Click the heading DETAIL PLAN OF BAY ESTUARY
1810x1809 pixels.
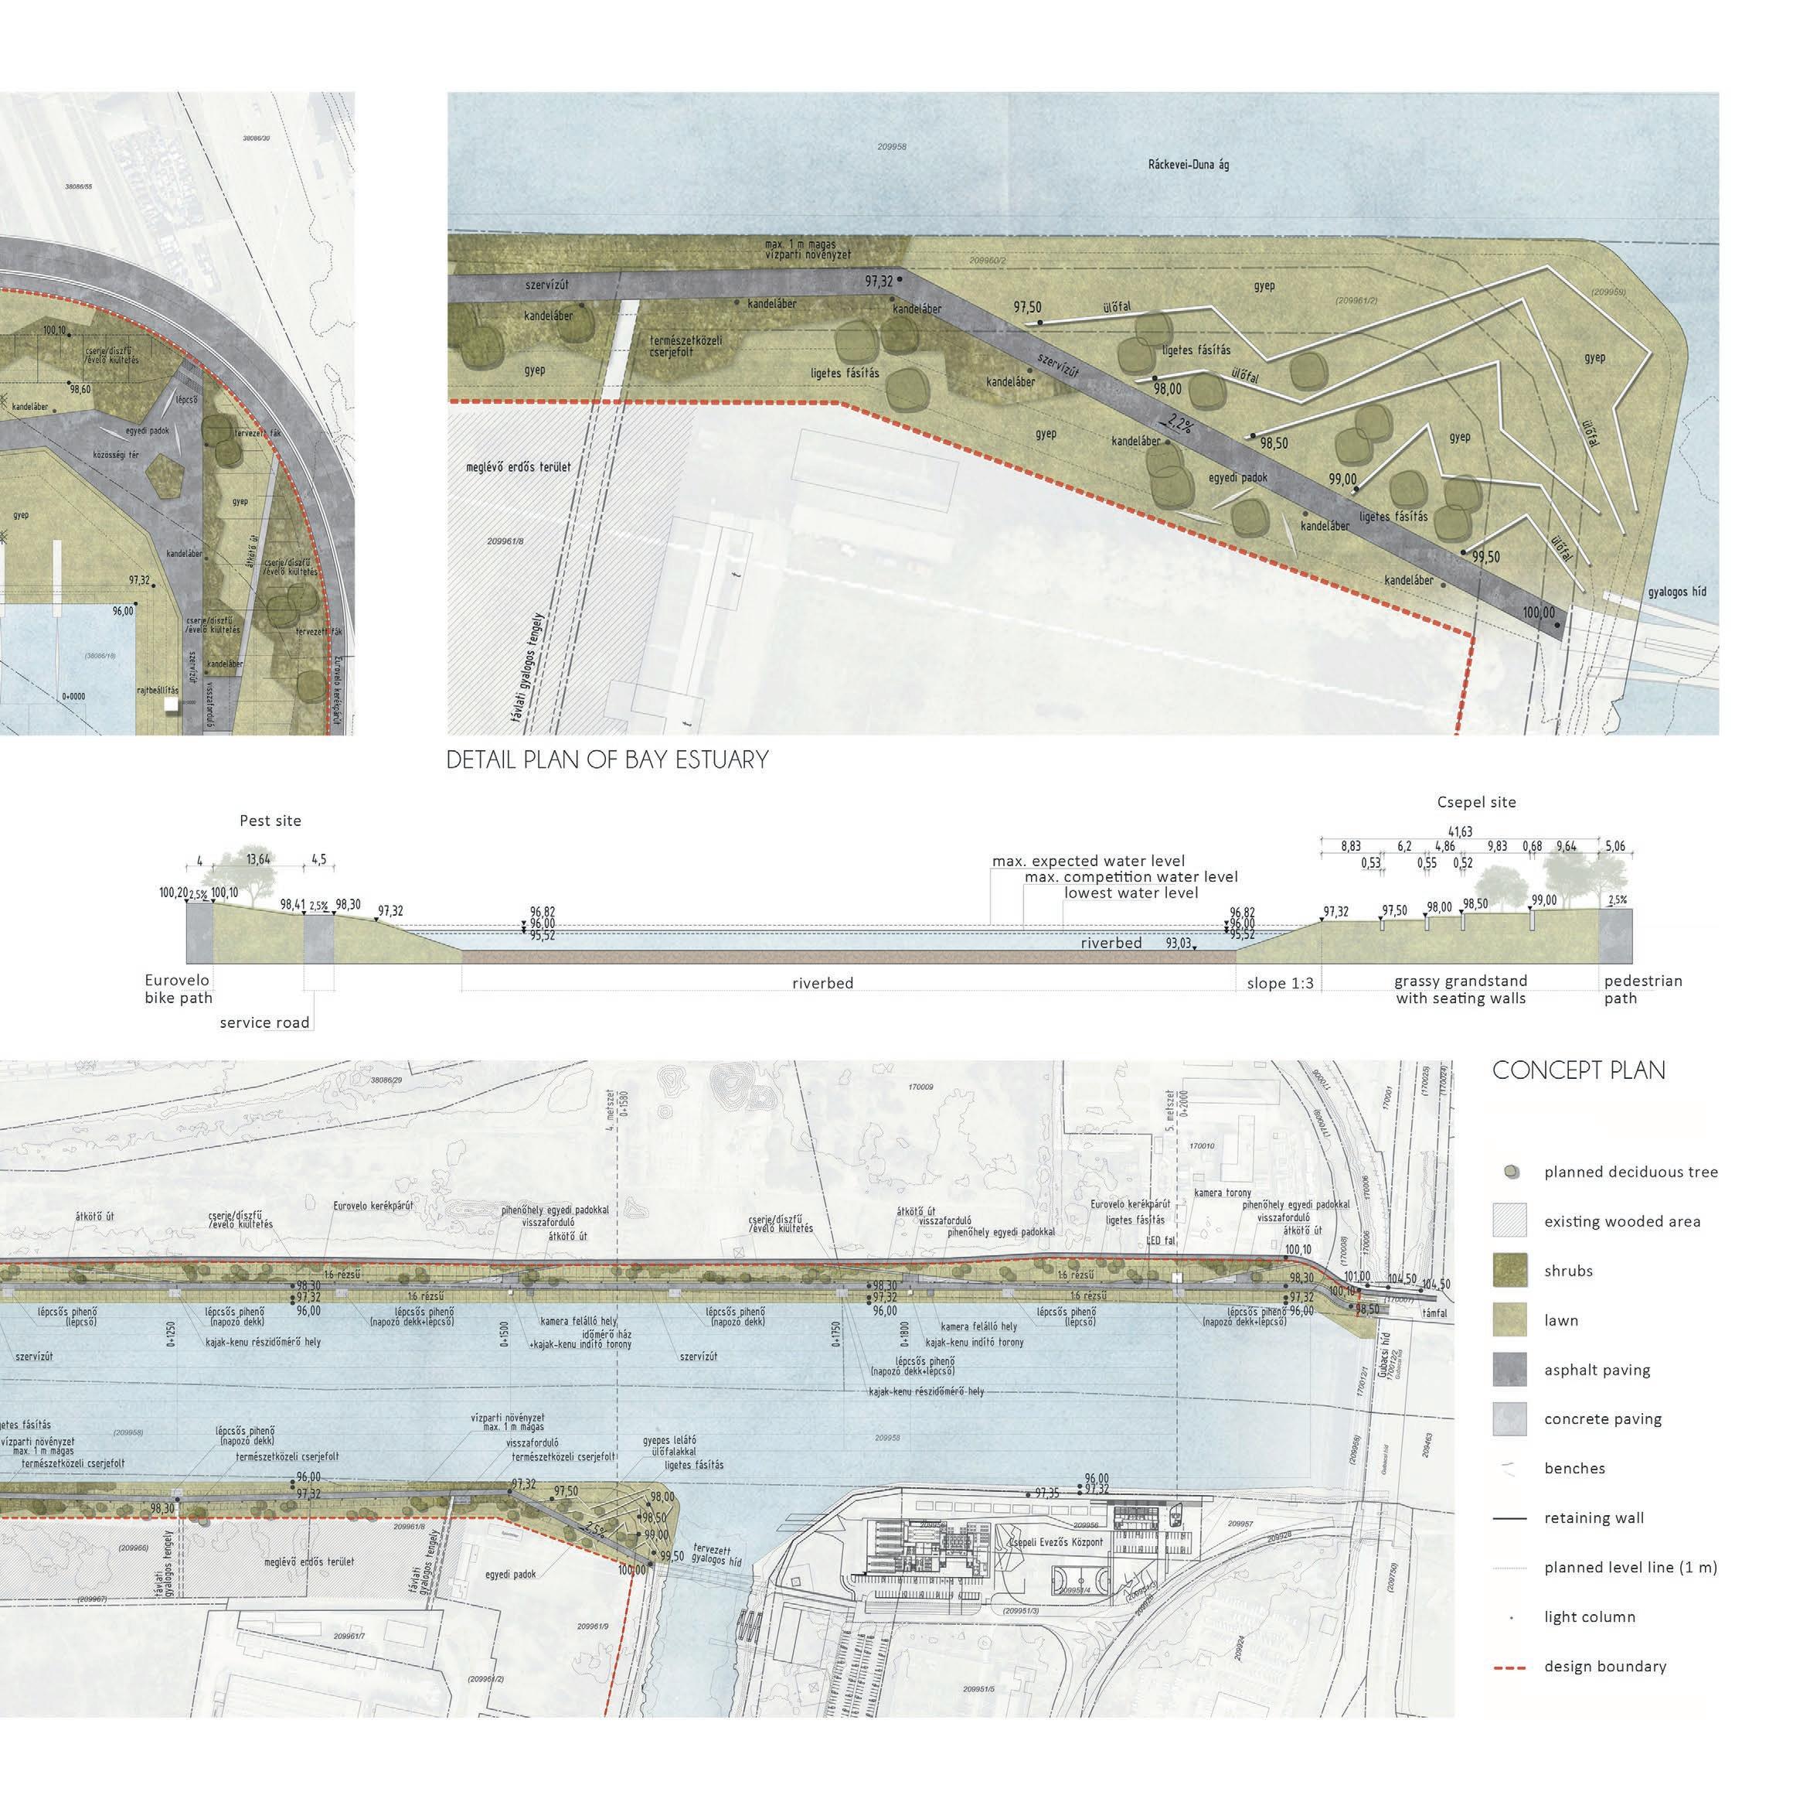607,759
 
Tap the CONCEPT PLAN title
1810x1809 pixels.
1579,1070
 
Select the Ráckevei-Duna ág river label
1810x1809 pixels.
1188,165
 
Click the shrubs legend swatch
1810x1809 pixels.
1509,1271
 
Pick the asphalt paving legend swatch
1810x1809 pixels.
1509,1370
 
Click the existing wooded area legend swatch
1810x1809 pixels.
1509,1221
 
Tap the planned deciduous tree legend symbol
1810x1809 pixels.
1509,1172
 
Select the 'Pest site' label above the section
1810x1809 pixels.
270,821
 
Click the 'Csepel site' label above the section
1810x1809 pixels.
1476,802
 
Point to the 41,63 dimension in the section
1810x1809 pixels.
1460,831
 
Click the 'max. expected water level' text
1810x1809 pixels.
1089,862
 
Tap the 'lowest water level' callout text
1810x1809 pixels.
1131,893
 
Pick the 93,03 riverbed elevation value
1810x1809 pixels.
1179,943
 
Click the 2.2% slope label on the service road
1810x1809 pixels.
1179,425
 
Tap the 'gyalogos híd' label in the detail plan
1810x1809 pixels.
1677,593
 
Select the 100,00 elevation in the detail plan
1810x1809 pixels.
1538,613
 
